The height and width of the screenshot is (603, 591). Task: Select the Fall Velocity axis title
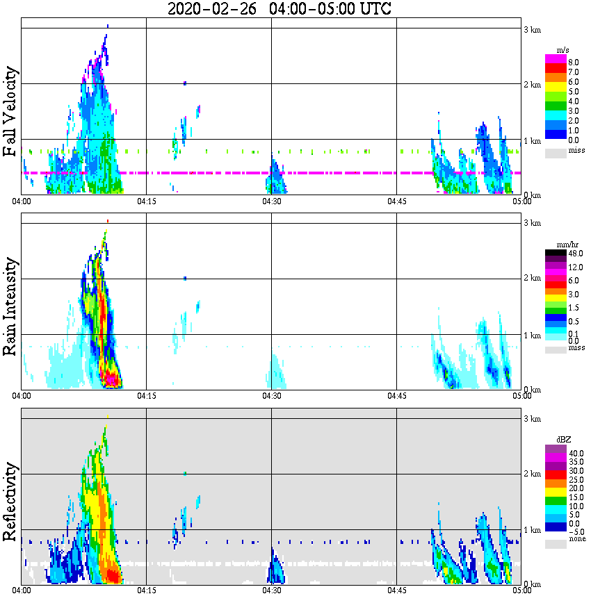point(10,113)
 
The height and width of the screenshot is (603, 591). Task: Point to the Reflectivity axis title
point(10,499)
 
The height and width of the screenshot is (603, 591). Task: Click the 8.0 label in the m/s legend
point(574,62)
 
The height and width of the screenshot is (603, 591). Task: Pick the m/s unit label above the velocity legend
point(564,51)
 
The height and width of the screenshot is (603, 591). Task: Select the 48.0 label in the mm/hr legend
point(574,254)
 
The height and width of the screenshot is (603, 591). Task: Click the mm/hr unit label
point(569,245)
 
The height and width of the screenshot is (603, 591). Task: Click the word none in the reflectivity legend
point(576,539)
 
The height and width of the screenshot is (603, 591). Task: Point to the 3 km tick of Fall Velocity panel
point(532,29)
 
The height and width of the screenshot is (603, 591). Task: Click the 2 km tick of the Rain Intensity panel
point(532,279)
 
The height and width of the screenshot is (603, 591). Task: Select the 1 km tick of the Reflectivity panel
point(532,530)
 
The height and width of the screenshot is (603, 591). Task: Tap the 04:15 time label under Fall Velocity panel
point(146,201)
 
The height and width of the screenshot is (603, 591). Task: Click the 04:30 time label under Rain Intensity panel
point(271,395)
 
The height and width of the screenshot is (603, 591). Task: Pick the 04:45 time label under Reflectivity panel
point(396,590)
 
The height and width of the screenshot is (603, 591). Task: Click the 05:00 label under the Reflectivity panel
point(521,590)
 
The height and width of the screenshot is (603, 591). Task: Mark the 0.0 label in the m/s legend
point(574,140)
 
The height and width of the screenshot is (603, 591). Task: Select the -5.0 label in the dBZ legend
point(576,531)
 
